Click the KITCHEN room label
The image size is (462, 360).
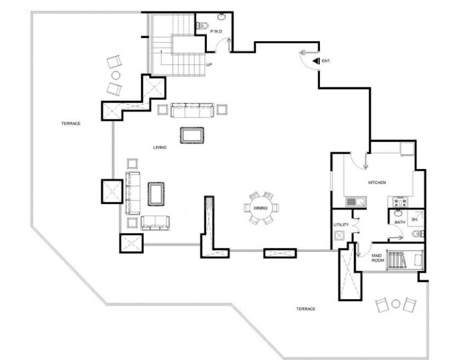click(377, 183)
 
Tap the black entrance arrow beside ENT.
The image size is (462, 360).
click(316, 61)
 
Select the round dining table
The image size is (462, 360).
click(261, 208)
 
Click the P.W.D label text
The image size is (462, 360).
click(216, 31)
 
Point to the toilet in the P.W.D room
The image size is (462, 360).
click(202, 26)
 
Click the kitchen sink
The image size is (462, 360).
click(356, 202)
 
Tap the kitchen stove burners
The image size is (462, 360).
click(401, 202)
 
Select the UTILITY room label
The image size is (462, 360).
click(341, 225)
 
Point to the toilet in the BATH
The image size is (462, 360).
click(418, 234)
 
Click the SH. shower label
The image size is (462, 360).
click(415, 220)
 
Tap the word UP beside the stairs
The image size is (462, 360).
click(209, 65)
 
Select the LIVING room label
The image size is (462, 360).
click(160, 147)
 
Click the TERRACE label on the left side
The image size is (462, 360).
click(71, 123)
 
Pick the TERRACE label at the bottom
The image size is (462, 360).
click(306, 309)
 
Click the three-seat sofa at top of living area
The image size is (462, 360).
click(193, 110)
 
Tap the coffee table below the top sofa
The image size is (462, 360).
click(192, 136)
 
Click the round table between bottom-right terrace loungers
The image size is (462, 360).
click(396, 303)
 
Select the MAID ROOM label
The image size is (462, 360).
click(378, 258)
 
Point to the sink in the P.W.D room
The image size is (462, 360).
click(222, 16)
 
